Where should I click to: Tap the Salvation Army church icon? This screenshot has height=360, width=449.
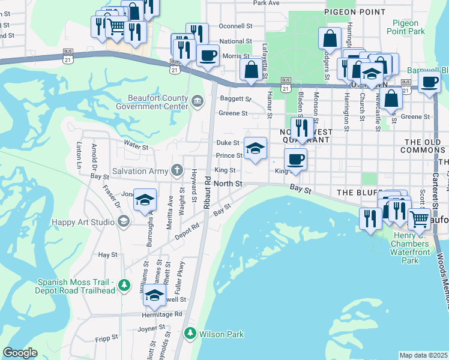tap(176, 171)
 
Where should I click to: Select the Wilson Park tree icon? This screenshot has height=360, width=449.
tap(190, 332)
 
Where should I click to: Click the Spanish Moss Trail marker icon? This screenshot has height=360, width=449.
tap(124, 285)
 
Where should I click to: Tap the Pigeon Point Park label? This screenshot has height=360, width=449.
tap(406, 26)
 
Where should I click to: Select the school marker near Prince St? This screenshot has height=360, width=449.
tap(256, 148)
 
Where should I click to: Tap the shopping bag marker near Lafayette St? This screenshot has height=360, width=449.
tap(250, 69)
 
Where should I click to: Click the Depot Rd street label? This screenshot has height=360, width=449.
tap(187, 230)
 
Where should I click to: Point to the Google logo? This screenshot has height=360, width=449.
tap(20, 353)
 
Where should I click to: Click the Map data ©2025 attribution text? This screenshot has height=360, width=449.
tap(423, 355)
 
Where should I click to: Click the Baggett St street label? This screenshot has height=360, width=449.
tap(234, 98)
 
